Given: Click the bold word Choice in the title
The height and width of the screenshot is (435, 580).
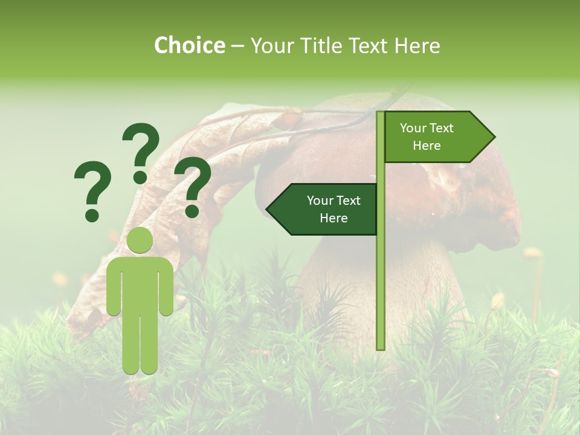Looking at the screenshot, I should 189,46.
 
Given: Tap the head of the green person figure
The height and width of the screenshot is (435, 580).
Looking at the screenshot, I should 140,240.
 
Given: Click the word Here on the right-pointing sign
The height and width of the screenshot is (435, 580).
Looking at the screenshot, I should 427,146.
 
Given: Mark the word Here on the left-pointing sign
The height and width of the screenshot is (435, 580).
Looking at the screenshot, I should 333,218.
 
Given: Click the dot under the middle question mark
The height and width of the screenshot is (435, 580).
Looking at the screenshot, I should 140,177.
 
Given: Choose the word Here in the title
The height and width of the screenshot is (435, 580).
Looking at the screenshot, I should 416,46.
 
